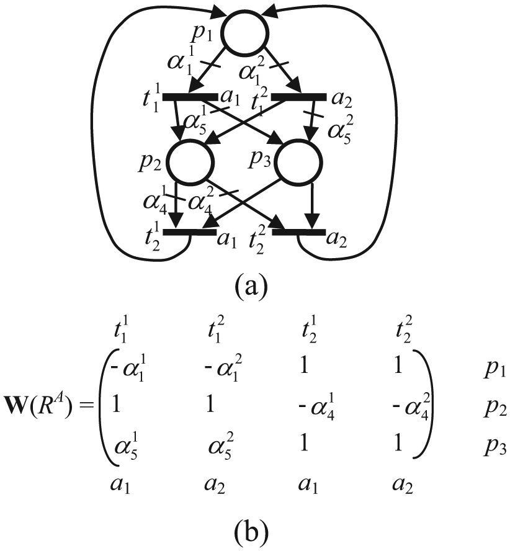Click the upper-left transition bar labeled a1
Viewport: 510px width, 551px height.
click(190, 97)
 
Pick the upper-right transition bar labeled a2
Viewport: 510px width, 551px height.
click(299, 97)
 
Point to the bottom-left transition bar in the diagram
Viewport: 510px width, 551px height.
click(190, 232)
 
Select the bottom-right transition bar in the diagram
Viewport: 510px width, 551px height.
click(299, 232)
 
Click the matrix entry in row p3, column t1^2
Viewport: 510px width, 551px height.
click(221, 447)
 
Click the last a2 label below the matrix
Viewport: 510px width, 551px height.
click(403, 485)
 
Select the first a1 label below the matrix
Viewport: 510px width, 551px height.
click(120, 485)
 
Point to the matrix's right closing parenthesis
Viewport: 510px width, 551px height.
click(423, 404)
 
